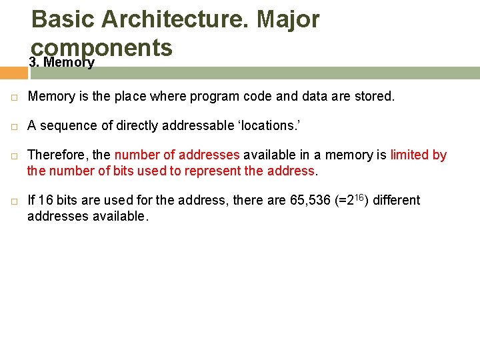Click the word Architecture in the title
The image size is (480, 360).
pyautogui.click(x=173, y=19)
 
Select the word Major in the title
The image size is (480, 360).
pyautogui.click(x=288, y=19)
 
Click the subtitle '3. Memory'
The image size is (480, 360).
pyautogui.click(x=62, y=63)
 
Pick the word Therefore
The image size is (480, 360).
pyautogui.click(x=58, y=155)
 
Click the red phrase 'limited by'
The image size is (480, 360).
pyautogui.click(x=418, y=155)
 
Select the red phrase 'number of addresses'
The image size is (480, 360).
pyautogui.click(x=177, y=155)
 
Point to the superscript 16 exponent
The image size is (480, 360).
pyautogui.click(x=363, y=198)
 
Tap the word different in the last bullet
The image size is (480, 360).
pyautogui.click(x=397, y=201)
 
